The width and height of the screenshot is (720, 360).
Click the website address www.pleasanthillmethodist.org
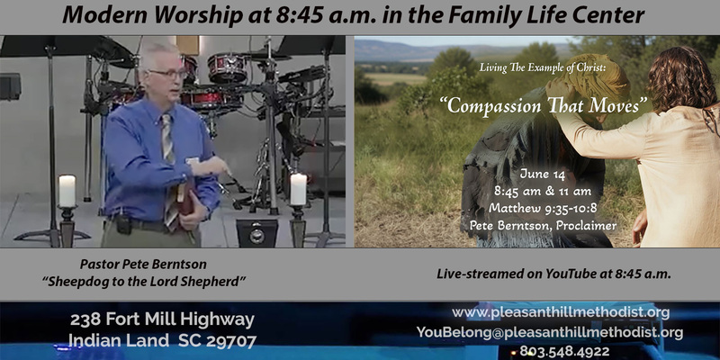561,313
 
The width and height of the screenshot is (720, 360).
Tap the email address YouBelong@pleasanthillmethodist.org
550,332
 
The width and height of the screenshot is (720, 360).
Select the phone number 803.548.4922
564,352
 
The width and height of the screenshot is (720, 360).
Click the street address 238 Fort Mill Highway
162,320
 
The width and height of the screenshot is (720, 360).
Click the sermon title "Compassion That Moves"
544,105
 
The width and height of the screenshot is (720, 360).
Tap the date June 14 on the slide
543,175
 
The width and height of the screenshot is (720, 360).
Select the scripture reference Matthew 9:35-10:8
543,208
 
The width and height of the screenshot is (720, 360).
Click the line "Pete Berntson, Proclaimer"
543,225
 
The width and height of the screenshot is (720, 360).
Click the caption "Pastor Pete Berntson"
143,264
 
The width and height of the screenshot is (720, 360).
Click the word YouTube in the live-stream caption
569,274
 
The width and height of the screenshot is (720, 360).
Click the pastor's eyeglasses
167,74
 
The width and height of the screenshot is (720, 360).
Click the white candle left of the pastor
67,191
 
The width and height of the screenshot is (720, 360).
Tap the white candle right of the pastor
298,189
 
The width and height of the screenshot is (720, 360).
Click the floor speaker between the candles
257,233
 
